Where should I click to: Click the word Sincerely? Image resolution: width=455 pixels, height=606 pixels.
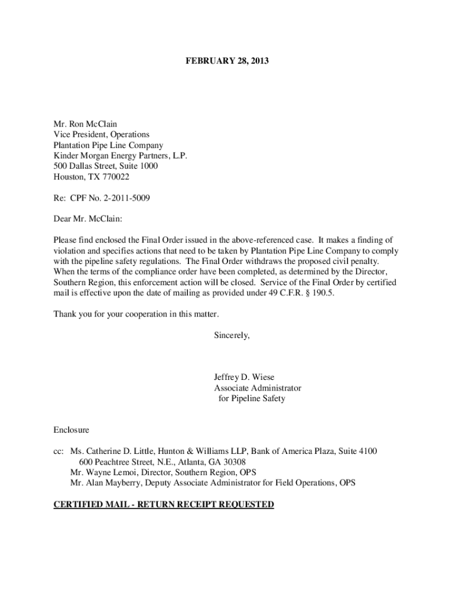(232, 335)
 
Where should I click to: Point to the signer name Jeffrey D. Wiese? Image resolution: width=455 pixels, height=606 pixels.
(244, 377)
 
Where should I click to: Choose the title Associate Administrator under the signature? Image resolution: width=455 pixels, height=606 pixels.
(258, 388)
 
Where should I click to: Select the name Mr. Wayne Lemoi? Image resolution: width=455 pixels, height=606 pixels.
(98, 472)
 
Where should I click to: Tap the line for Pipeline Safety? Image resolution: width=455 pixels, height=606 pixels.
(252, 398)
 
